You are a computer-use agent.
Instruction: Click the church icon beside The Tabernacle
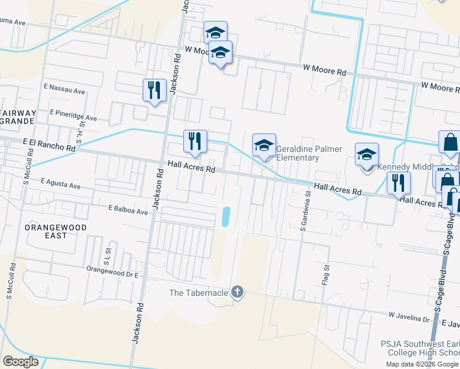(238, 292)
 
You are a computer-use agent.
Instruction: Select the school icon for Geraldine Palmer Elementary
(264, 146)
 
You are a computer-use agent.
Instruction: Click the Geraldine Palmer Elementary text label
(298, 153)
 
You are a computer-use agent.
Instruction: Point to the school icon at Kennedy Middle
(367, 155)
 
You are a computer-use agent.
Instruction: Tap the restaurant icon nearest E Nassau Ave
(154, 90)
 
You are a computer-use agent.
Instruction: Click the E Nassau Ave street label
(65, 90)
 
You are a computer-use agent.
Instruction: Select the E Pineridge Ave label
(74, 115)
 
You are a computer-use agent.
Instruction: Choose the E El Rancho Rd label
(49, 145)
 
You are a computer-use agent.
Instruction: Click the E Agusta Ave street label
(61, 184)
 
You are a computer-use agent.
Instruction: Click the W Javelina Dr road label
(409, 318)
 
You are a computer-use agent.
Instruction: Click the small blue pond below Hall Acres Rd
(225, 216)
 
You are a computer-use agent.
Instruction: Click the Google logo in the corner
(21, 362)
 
